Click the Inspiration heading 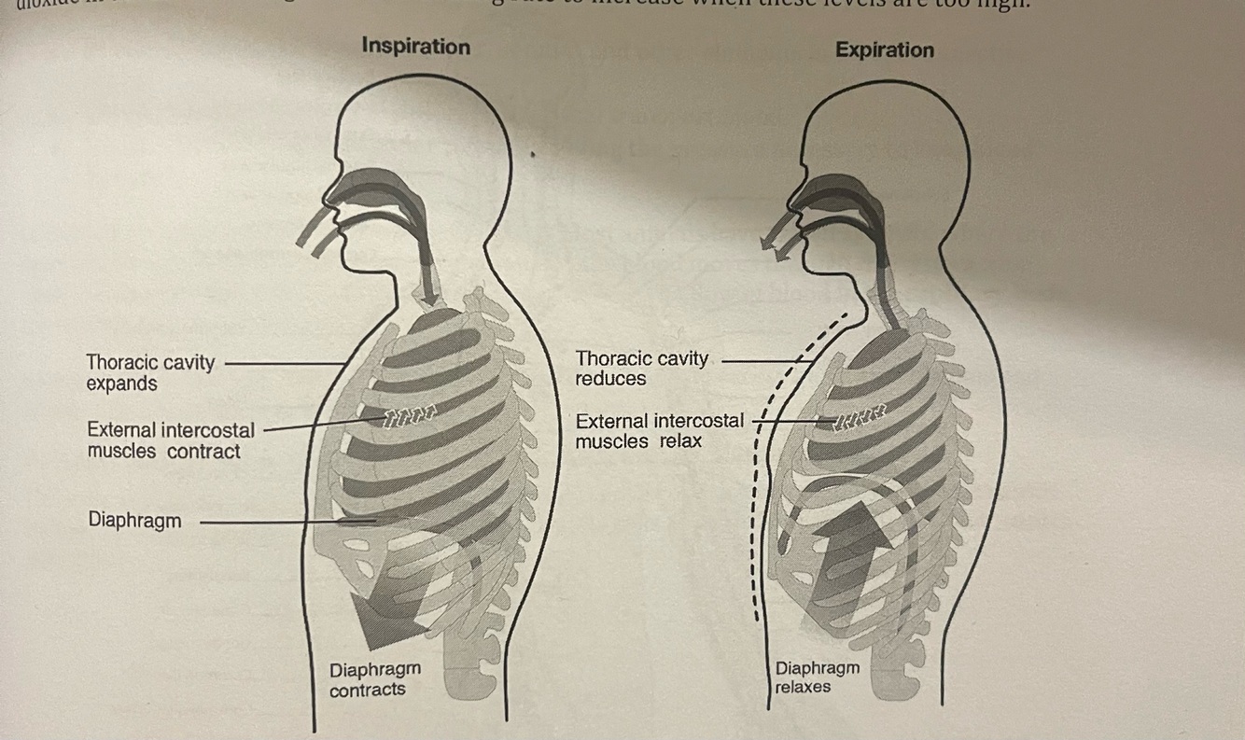click(415, 46)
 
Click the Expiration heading click(884, 49)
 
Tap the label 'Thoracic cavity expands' click(149, 372)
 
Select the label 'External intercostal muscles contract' click(170, 440)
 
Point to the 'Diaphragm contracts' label click(374, 679)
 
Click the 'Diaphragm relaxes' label click(817, 677)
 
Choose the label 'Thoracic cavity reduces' click(641, 368)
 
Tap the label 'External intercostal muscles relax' click(659, 430)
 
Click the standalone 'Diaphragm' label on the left click(134, 520)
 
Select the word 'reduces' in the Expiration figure click(610, 379)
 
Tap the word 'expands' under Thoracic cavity click(121, 384)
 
